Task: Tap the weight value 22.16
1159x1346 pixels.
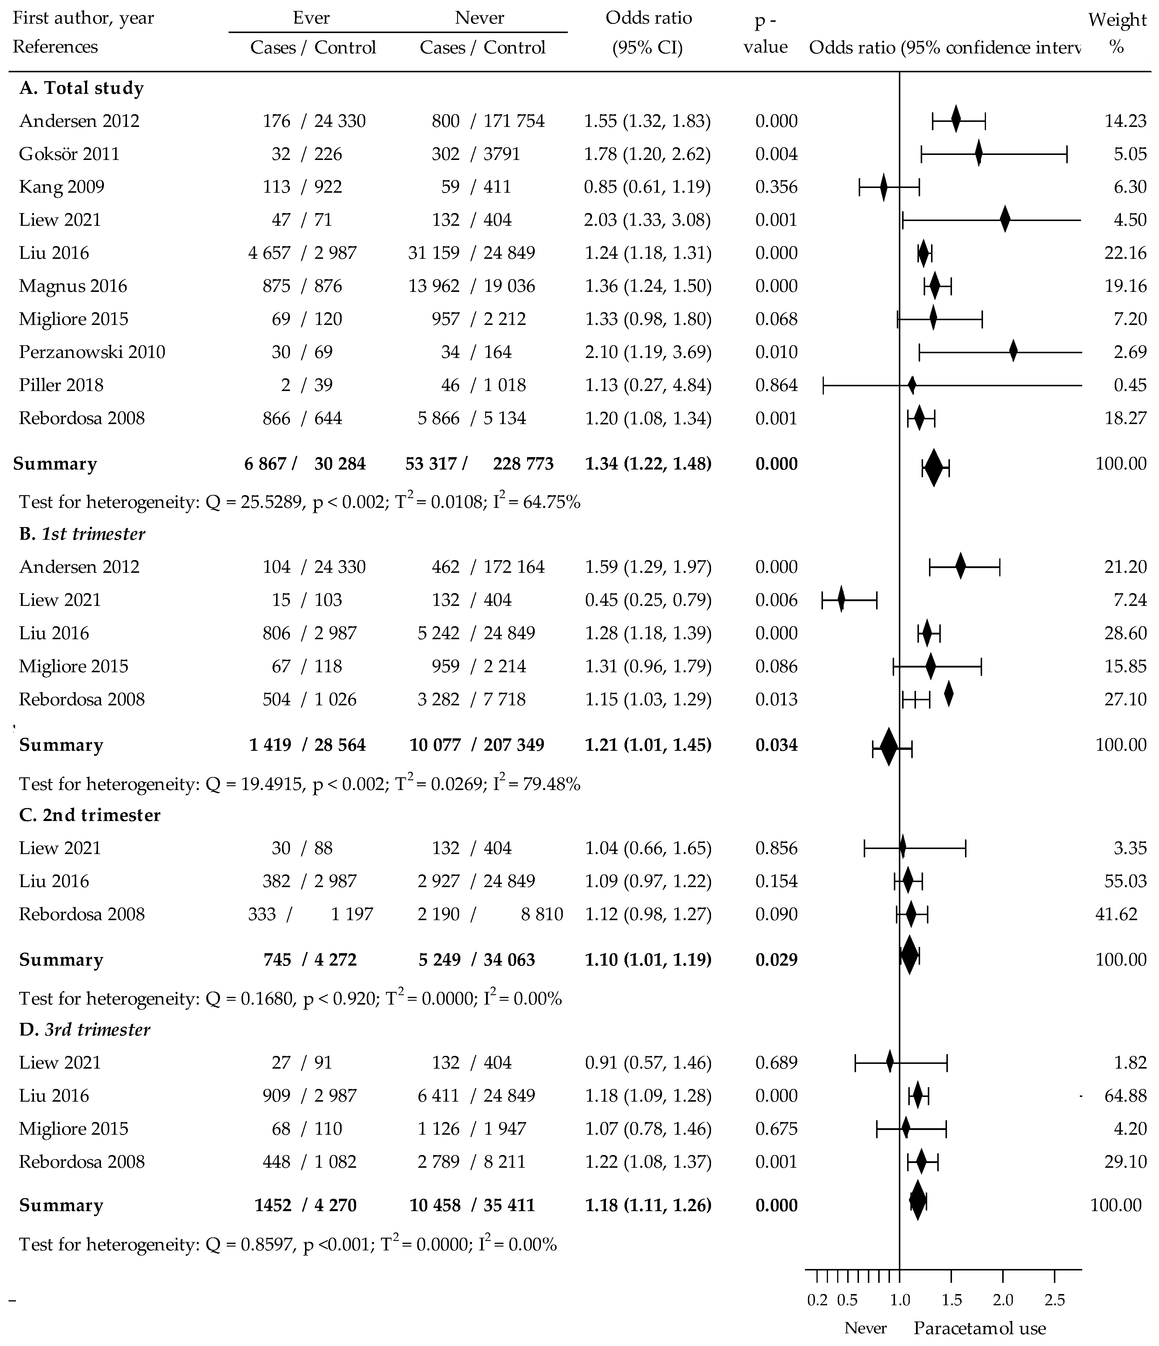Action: coord(1125,253)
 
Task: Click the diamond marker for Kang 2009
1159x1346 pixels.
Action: coord(883,187)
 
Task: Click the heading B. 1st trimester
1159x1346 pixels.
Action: coord(82,534)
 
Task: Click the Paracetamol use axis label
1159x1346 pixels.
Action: coord(979,1329)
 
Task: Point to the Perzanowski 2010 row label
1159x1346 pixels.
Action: coord(92,352)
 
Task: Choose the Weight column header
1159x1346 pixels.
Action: coord(1117,19)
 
